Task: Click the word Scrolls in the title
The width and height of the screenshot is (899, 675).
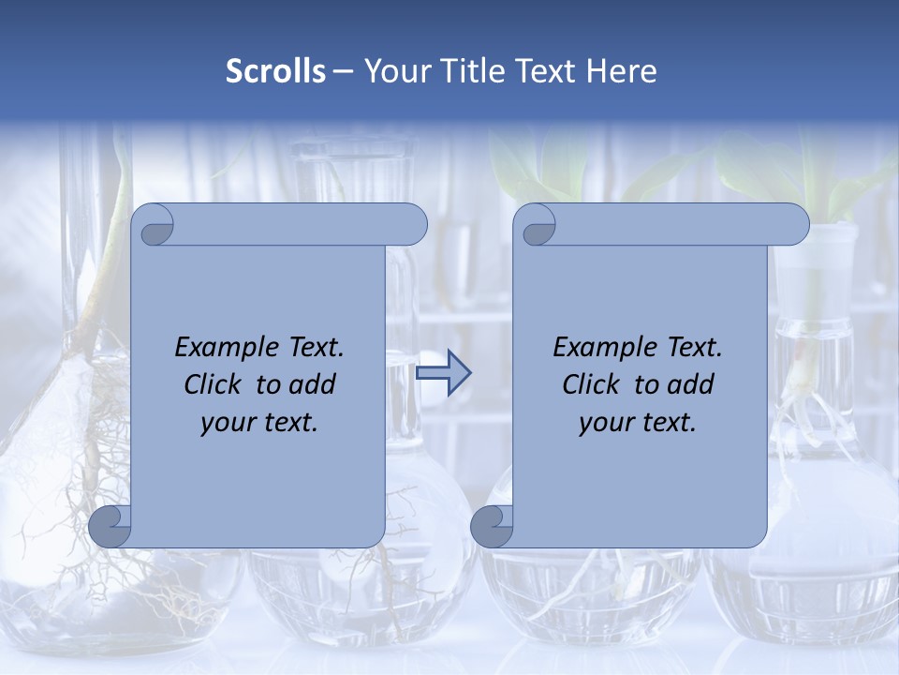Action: (x=275, y=71)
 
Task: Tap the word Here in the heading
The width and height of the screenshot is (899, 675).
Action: (x=621, y=71)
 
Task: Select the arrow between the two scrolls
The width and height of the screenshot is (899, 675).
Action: (x=443, y=373)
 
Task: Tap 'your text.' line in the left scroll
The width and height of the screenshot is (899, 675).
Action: (x=259, y=423)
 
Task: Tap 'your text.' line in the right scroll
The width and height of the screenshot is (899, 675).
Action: (x=638, y=423)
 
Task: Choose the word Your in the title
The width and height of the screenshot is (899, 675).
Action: (x=393, y=71)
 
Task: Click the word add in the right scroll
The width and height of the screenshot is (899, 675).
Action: (x=690, y=384)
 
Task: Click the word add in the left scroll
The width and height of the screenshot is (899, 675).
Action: (x=312, y=384)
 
